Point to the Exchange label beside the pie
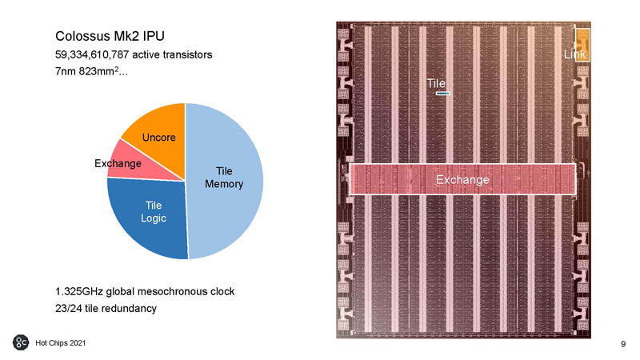pyautogui.click(x=118, y=164)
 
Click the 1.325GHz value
pyautogui.click(x=79, y=291)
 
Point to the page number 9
pyautogui.click(x=623, y=345)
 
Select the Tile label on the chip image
pyautogui.click(x=436, y=83)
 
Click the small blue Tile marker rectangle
pyautogui.click(x=443, y=94)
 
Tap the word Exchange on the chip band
pyautogui.click(x=462, y=180)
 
